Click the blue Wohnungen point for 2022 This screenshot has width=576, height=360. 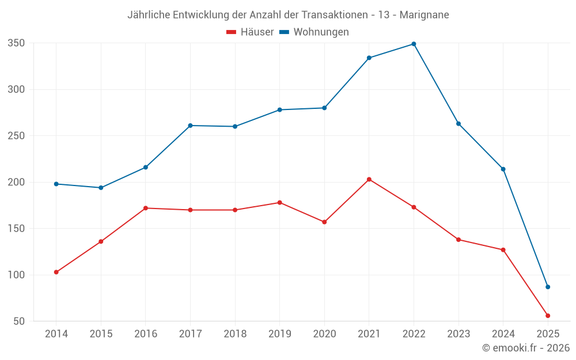pyautogui.click(x=414, y=44)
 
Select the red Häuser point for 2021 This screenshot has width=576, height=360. pyautogui.click(x=369, y=179)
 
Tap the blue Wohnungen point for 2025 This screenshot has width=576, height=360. pyautogui.click(x=548, y=287)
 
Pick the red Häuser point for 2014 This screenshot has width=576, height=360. pyautogui.click(x=56, y=272)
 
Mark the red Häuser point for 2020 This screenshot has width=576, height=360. pyautogui.click(x=324, y=222)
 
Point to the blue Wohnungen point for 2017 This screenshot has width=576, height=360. pyautogui.click(x=190, y=126)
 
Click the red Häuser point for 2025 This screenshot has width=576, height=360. pyautogui.click(x=548, y=316)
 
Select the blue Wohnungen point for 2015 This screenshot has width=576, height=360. pyautogui.click(x=101, y=188)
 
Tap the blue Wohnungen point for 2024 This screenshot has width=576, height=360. pyautogui.click(x=503, y=169)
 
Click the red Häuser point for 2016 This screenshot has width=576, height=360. pyautogui.click(x=146, y=208)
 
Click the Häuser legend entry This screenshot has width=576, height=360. pyautogui.click(x=250, y=32)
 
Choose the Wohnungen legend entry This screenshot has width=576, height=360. pyautogui.click(x=314, y=32)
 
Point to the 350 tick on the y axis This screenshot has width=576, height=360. pyautogui.click(x=16, y=43)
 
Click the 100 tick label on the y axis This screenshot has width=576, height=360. pyautogui.click(x=16, y=275)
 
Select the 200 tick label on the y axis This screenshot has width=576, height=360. pyautogui.click(x=16, y=182)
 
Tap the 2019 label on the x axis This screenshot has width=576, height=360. pyautogui.click(x=279, y=334)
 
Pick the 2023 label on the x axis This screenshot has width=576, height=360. pyautogui.click(x=458, y=334)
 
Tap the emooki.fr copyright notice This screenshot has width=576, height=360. pyautogui.click(x=525, y=348)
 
